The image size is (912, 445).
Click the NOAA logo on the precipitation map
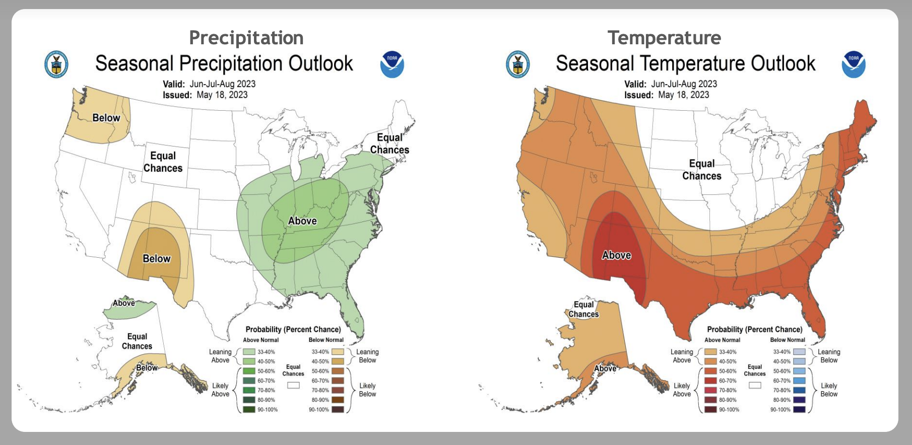point(392,64)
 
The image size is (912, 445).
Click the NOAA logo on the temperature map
point(854,64)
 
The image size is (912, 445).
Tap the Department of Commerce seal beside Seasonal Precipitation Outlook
point(56,64)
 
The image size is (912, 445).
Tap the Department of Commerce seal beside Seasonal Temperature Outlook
point(518,64)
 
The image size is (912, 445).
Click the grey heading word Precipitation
point(246,38)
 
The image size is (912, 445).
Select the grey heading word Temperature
point(664,38)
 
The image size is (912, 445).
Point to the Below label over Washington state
point(106,118)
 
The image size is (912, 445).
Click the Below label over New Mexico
point(157,259)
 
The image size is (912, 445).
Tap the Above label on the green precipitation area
point(302,221)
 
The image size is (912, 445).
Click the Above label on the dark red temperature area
point(616,255)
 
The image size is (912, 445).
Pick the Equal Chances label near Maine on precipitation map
point(389,144)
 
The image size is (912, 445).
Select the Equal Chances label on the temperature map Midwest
point(702,170)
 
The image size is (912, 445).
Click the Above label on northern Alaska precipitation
point(123,303)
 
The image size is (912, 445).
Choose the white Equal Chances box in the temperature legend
point(755,385)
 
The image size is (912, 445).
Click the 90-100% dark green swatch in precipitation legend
point(249,409)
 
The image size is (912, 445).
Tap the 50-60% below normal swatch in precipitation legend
point(338,371)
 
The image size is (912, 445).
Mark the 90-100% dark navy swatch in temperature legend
point(799,409)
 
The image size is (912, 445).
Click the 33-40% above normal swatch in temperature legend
point(710,352)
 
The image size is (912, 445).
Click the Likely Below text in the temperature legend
point(829,390)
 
